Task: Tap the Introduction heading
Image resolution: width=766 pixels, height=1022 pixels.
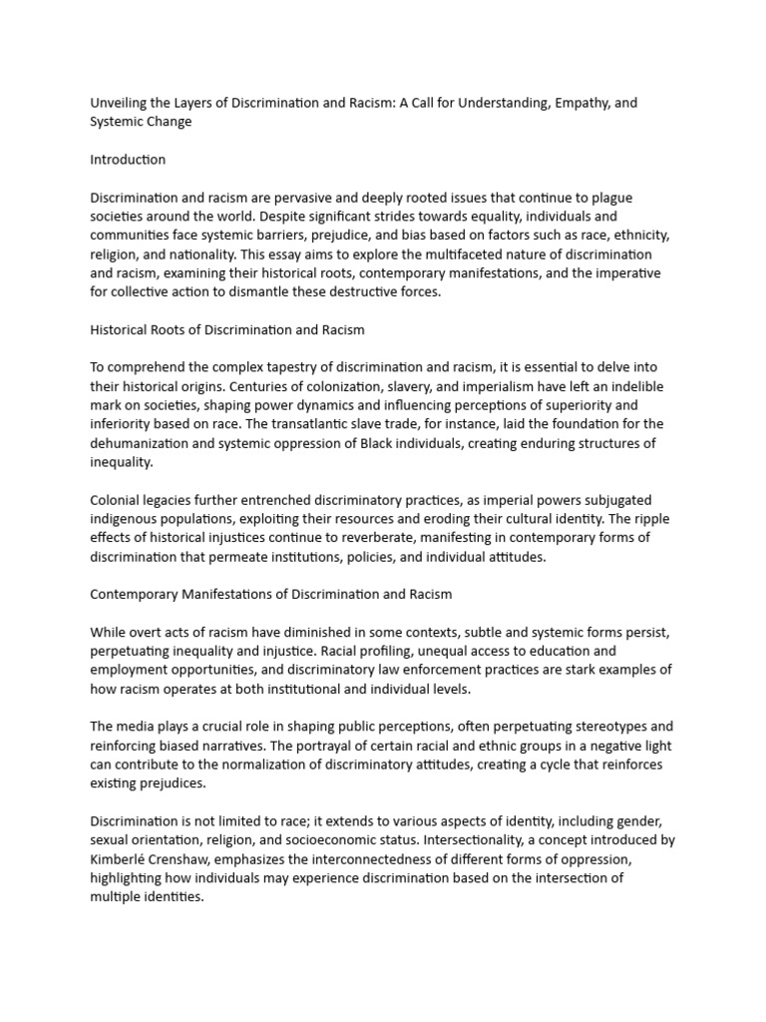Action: point(128,160)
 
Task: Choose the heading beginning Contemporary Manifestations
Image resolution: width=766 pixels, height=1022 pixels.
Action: point(270,594)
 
